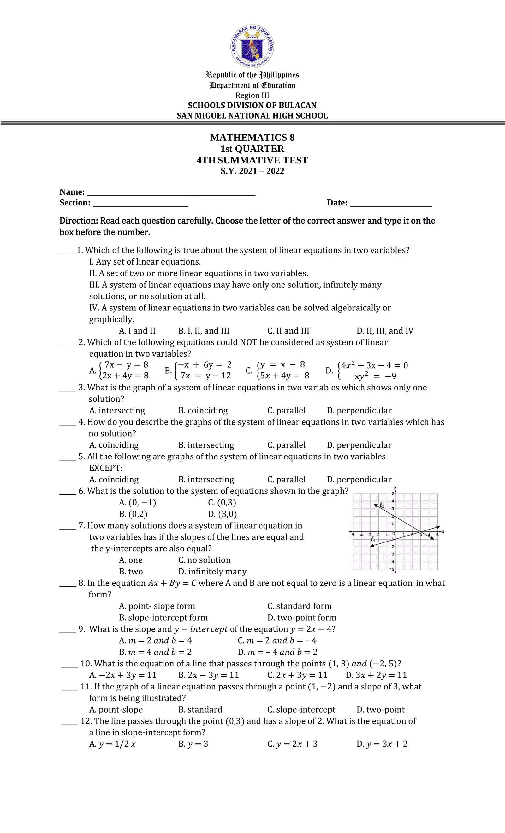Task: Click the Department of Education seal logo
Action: (x=252, y=46)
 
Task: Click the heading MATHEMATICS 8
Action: (x=252, y=137)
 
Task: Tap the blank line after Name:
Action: (x=171, y=193)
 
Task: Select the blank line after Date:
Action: (x=391, y=204)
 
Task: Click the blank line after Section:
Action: (x=140, y=204)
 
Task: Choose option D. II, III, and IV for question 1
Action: (x=385, y=331)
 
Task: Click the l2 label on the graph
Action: (x=382, y=505)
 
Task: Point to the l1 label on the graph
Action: (x=373, y=539)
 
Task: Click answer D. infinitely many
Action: (x=212, y=571)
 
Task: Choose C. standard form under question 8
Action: (x=300, y=606)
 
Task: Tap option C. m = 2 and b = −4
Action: (x=277, y=640)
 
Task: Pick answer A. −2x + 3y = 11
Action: (x=123, y=675)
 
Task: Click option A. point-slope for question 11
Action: (x=116, y=709)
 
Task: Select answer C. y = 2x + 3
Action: (x=292, y=744)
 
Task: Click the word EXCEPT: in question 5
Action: (x=106, y=468)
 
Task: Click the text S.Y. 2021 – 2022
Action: (x=252, y=171)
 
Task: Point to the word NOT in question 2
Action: (x=248, y=342)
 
